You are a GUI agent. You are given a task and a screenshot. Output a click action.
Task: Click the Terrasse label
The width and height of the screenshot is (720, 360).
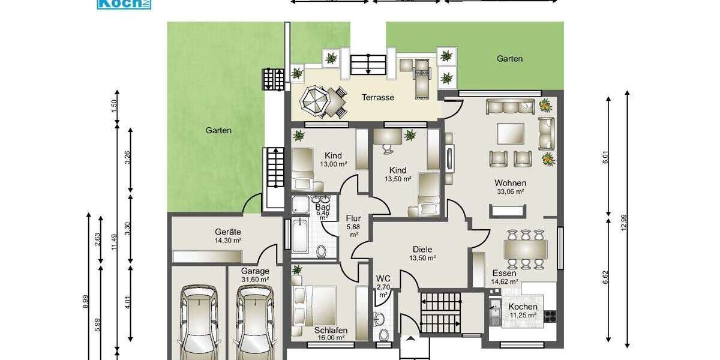378,97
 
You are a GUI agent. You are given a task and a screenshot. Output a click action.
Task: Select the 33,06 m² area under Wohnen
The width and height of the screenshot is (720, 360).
511,192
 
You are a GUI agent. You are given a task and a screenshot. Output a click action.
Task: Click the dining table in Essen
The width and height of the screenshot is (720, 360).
526,248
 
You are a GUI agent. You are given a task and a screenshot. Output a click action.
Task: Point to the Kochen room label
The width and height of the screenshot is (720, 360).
523,307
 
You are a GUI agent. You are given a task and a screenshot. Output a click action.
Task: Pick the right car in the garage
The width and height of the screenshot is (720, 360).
254,321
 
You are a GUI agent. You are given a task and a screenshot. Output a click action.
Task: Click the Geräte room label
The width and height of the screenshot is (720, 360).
228,232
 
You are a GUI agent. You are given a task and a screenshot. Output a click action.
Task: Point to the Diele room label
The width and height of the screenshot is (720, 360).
422,250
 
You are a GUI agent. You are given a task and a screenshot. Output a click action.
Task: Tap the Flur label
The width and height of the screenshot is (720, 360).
353,218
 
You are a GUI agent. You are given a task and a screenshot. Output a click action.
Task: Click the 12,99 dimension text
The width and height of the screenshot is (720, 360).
623,222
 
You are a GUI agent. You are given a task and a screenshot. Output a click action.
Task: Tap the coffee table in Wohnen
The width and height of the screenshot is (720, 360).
510,133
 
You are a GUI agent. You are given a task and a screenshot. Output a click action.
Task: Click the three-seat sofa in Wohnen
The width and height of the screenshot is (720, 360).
509,107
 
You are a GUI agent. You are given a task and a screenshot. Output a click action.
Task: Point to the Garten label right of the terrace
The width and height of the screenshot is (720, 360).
509,59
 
